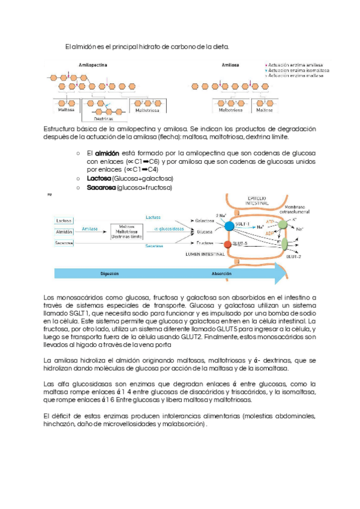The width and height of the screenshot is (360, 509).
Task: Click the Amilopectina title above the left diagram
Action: pos(93,65)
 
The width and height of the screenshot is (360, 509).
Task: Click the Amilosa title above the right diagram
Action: pos(230,65)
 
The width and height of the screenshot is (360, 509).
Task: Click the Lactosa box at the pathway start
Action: pos(64,220)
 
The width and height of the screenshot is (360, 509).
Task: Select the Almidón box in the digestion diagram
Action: pos(64,231)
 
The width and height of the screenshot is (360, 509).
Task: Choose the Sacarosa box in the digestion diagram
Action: pos(64,243)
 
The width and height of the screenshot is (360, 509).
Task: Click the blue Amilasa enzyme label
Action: pos(90,229)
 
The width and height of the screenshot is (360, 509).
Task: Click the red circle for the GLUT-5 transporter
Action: pos(227,244)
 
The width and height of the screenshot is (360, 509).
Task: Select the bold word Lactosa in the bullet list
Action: pos(99,179)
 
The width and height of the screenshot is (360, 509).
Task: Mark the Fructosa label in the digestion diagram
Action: pos(205,243)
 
